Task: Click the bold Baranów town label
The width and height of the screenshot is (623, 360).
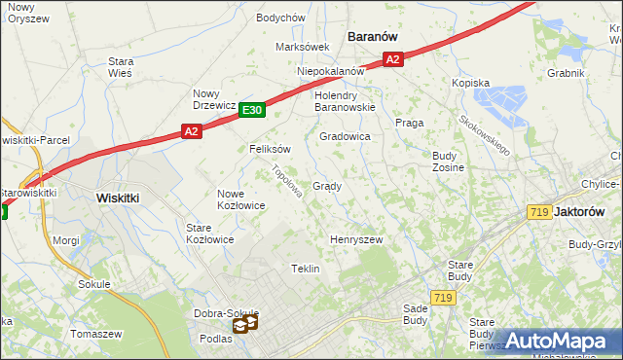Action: tap(374, 36)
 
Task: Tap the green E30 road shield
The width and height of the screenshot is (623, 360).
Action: tap(251, 111)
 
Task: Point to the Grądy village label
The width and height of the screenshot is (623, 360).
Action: tap(326, 186)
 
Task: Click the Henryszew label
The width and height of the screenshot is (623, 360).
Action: tap(356, 239)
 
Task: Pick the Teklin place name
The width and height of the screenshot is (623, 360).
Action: tap(306, 269)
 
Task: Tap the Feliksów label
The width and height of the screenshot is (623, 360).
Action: tap(271, 150)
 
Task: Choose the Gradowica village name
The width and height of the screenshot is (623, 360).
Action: tap(345, 137)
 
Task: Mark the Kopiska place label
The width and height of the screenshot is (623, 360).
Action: tap(470, 84)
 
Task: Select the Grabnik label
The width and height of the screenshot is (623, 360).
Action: tap(565, 73)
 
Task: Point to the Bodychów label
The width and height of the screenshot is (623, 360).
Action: tap(280, 18)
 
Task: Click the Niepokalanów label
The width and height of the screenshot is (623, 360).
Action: tap(330, 71)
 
